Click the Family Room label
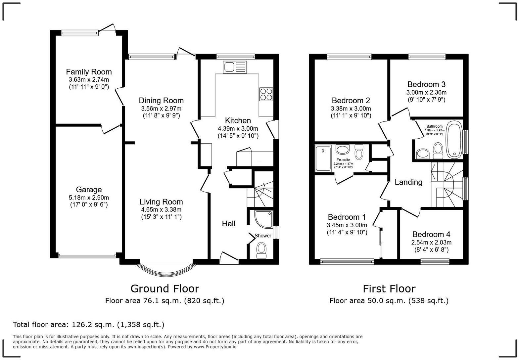(89, 72)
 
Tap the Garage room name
(89, 190)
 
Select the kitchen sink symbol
(235, 67)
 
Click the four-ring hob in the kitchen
(266, 94)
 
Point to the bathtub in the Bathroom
(454, 140)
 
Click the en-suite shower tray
(323, 158)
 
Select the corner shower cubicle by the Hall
(263, 219)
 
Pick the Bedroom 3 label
(426, 84)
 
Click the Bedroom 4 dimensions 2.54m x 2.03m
(431, 242)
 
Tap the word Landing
(408, 182)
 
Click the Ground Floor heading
(165, 289)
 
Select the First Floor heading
(389, 289)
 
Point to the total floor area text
(89, 325)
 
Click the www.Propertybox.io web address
(215, 347)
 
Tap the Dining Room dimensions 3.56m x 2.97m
(161, 109)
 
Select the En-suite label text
(343, 160)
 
